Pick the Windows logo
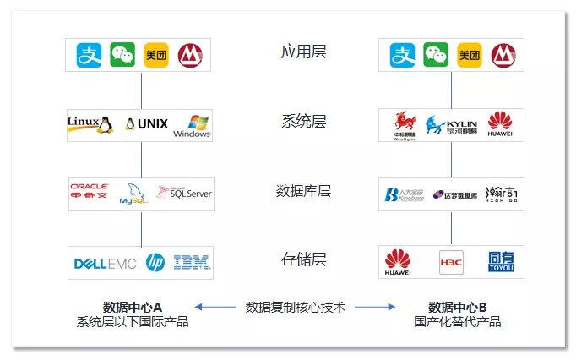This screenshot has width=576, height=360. tap(192, 125)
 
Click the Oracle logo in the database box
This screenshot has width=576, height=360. tap(90, 192)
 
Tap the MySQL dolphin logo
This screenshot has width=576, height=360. tap(133, 194)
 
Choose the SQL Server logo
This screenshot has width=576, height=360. tap(184, 193)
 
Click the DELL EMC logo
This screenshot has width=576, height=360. tap(105, 263)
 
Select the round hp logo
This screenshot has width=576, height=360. tap(155, 263)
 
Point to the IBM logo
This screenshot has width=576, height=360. tap(191, 263)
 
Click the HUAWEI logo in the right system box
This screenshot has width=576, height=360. tap(500, 125)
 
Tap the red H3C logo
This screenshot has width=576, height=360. tap(451, 263)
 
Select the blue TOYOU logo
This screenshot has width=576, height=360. tap(500, 263)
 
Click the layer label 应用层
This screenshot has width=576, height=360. tap(303, 52)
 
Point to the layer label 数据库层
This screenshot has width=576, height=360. tap(303, 190)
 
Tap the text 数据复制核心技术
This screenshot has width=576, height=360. tap(295, 308)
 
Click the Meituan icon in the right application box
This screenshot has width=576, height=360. tap(469, 55)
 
